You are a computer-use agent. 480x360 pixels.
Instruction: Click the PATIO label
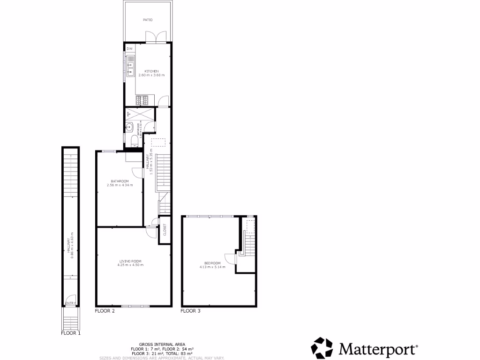click(x=148, y=20)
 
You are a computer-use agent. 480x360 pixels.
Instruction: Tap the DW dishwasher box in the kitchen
click(x=130, y=48)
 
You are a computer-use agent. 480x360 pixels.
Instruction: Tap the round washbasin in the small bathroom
click(x=129, y=126)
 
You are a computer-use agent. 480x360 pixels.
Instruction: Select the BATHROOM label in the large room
click(x=120, y=181)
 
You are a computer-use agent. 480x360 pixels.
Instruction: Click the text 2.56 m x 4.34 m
click(x=120, y=185)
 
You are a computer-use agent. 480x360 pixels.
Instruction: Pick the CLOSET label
click(x=165, y=230)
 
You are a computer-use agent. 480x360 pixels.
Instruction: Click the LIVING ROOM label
click(x=130, y=261)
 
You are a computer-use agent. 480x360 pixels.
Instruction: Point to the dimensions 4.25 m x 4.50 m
click(x=130, y=265)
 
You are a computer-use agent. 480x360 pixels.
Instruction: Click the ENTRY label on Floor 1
click(x=70, y=303)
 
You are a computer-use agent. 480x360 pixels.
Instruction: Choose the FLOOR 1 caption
click(x=71, y=334)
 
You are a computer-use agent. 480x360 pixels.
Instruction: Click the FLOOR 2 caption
click(x=105, y=311)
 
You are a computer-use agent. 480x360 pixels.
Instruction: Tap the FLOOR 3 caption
click(x=190, y=311)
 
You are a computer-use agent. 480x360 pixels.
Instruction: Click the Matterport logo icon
click(x=322, y=348)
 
